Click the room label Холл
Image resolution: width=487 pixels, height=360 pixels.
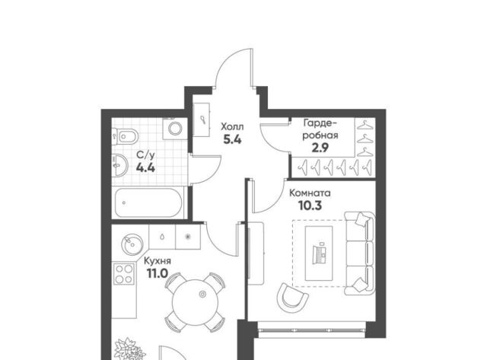(x=232, y=127)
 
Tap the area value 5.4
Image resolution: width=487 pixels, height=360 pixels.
(x=232, y=140)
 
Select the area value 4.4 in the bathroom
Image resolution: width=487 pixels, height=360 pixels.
(x=145, y=167)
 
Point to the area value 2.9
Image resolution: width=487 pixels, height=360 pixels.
(x=320, y=148)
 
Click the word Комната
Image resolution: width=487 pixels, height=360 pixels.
(x=310, y=193)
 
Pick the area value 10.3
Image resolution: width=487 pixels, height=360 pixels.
(x=310, y=205)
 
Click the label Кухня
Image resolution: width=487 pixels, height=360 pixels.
(x=158, y=261)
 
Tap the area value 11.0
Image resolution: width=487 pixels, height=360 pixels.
(x=158, y=274)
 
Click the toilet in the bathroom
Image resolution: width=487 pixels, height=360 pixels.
(x=125, y=136)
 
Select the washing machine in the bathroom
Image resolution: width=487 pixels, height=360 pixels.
(x=175, y=129)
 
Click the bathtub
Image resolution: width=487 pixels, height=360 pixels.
(x=148, y=202)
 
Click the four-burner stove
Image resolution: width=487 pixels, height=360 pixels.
(x=124, y=274)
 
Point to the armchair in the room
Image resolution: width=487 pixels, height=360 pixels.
(x=291, y=298)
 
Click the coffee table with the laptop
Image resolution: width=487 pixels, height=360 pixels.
(x=319, y=253)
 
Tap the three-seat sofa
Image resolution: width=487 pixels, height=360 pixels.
(x=359, y=253)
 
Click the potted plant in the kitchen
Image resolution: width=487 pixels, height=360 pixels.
(x=129, y=349)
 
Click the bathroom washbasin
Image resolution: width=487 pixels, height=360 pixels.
(x=119, y=165)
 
